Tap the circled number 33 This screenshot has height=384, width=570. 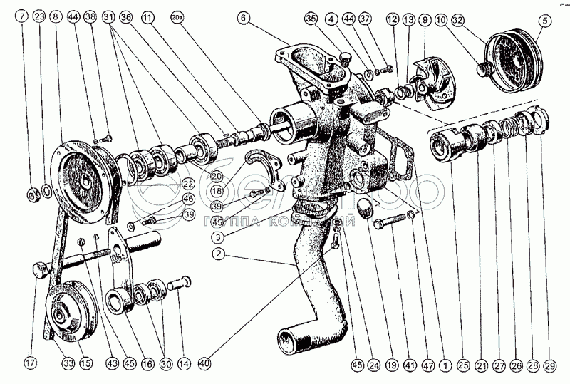pyautogui.click(x=67, y=363)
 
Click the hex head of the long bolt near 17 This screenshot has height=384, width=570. pyautogui.click(x=41, y=272)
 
